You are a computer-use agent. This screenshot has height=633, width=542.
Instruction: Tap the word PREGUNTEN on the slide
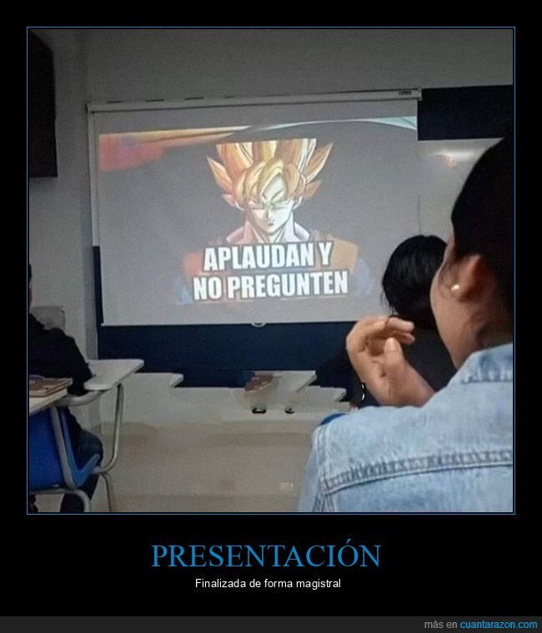(288, 285)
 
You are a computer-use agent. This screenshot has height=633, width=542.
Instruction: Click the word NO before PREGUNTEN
(208, 288)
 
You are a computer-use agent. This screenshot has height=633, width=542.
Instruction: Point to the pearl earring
(455, 287)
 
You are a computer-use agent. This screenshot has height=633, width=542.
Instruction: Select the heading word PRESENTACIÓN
(266, 556)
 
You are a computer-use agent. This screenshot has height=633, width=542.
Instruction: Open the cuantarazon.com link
(499, 625)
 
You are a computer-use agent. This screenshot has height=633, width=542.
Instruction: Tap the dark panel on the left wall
(42, 106)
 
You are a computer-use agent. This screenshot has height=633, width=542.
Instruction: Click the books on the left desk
(49, 385)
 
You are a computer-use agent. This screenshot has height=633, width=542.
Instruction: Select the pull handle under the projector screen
(258, 324)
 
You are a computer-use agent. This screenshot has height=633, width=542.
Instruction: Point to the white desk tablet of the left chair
(114, 373)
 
